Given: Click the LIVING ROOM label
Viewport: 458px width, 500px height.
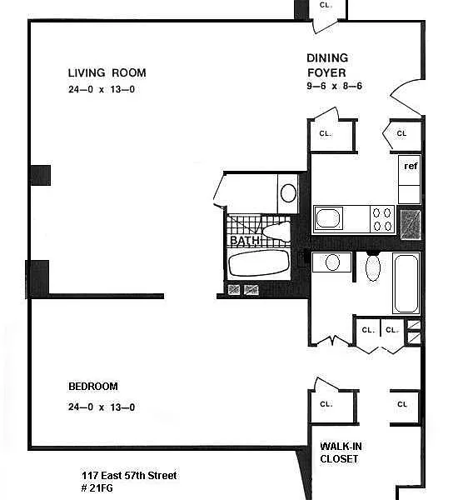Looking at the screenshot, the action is click(x=107, y=73).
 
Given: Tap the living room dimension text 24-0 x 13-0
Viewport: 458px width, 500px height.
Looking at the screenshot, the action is click(x=102, y=89).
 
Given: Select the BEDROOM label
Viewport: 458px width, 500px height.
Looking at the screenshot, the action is click(x=93, y=387).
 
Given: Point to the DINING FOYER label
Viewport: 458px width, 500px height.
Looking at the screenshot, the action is click(x=327, y=65).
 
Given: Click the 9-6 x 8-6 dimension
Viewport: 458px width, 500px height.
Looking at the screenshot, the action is click(x=334, y=86).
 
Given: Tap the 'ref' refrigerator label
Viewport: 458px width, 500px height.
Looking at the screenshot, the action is click(x=411, y=166).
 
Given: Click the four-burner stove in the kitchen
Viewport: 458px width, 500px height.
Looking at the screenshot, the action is click(x=382, y=219).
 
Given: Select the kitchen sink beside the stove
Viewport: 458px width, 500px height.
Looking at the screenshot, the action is click(x=328, y=218).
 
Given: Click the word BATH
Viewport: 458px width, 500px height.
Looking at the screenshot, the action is click(x=245, y=240).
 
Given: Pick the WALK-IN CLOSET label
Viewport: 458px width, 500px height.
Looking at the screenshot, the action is click(x=341, y=452).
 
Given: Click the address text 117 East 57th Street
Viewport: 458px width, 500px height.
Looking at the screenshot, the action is click(x=129, y=476).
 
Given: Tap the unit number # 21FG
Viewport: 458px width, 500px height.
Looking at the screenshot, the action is click(x=97, y=488).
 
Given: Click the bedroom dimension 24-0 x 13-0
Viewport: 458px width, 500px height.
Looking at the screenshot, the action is click(x=102, y=407).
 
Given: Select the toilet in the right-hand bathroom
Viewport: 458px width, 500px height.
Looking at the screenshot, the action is click(x=373, y=267).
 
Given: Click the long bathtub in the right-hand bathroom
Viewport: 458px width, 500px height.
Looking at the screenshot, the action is click(x=406, y=283).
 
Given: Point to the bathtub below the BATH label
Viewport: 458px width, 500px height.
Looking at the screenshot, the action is click(x=259, y=263).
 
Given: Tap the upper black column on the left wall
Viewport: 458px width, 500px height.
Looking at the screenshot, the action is click(x=41, y=175).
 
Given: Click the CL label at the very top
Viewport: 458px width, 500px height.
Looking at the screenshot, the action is click(x=326, y=6).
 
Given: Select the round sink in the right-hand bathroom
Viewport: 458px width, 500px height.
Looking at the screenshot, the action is click(x=332, y=262).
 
